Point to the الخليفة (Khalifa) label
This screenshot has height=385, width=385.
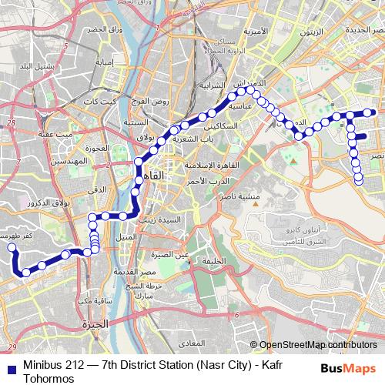pos(213,260)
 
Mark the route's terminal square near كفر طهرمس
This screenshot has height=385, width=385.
pos(12,247)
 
